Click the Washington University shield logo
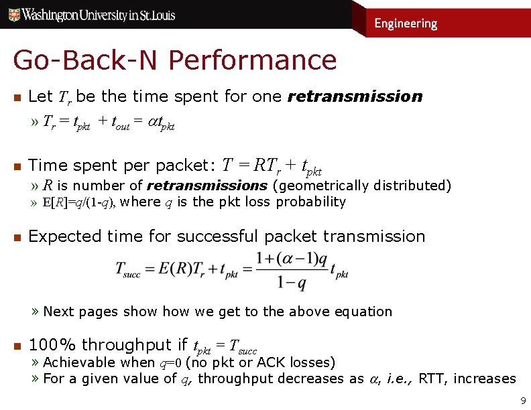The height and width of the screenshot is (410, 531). (x=13, y=14)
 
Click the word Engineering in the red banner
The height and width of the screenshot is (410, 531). (x=405, y=23)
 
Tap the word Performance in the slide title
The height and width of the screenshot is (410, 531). (x=253, y=60)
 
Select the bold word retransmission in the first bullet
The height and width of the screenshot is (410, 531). (x=355, y=96)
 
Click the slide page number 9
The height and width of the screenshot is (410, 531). (x=523, y=402)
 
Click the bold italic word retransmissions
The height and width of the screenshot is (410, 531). (x=207, y=186)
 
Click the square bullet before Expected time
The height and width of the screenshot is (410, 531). (x=18, y=236)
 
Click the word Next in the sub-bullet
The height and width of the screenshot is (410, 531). (x=58, y=312)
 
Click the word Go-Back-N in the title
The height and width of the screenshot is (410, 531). (x=87, y=60)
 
